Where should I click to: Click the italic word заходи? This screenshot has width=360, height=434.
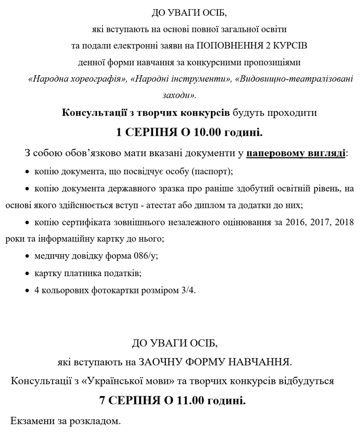coord(178,95)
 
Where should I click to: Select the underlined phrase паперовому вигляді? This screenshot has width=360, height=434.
coord(296,153)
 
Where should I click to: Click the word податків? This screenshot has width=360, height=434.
coord(119,273)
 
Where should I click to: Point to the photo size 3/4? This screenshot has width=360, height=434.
coord(187,290)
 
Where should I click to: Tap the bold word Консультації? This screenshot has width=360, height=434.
coord(95,112)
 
